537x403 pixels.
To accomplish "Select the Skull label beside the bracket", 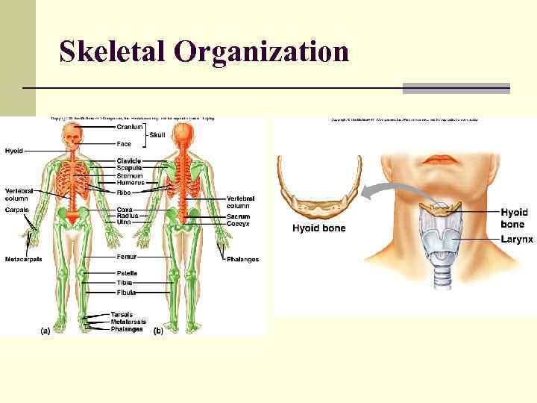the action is coord(157,135).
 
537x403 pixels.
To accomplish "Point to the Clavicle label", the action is coord(129,161).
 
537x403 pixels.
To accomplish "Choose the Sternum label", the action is coord(130,176).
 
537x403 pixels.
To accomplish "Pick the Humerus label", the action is coord(131,183).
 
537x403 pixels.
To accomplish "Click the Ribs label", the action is coord(124,193).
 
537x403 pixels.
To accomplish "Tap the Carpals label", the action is coord(16,210).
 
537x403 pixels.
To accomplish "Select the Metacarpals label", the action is coord(23,260).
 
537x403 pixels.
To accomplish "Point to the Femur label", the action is coord(126,256).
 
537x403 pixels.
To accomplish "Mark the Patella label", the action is coord(127,274).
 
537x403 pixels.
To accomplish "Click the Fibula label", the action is coord(126,293).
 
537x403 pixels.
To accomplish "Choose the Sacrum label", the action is coord(239,216).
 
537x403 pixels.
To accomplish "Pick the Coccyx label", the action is coord(239,223).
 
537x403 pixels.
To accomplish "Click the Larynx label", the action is coord(517,240).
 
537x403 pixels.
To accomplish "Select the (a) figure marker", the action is coord(45,331).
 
